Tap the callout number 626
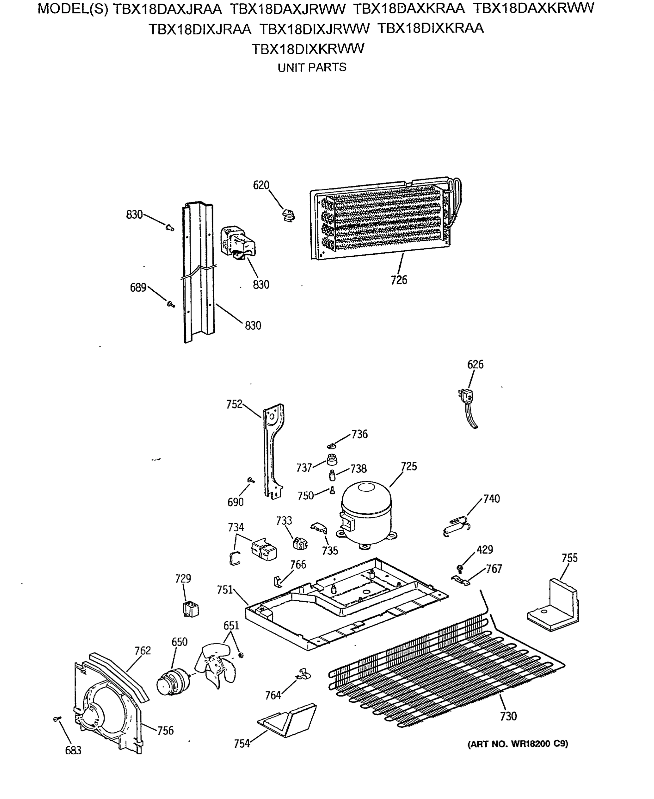point(475,364)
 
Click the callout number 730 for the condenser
point(508,716)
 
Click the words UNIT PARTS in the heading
point(312,68)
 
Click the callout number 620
point(261,185)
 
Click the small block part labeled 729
point(190,609)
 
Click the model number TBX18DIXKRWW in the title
point(308,49)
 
